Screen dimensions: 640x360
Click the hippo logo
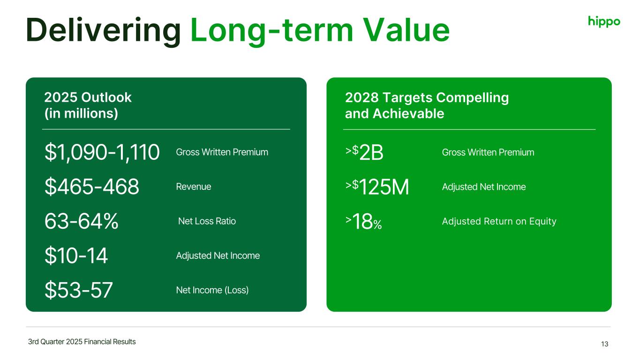pos(604,22)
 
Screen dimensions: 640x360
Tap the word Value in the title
pos(407,30)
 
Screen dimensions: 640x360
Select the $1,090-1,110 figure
pos(102,152)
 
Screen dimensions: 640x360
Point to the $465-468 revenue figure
pos(92,187)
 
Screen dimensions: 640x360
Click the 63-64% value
pos(82,221)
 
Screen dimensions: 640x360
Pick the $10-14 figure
pos(76,255)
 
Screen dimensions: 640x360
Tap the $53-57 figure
pos(79,290)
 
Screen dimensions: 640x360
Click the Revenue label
pos(194,187)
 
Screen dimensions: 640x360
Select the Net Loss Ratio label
pos(207,221)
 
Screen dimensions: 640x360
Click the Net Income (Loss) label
pos(212,290)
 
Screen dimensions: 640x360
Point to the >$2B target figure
pos(364,152)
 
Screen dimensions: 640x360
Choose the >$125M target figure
pos(377,187)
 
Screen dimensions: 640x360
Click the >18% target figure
pos(363,221)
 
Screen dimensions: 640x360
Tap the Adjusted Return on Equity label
pos(499,221)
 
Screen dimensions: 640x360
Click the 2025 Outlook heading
pos(88,97)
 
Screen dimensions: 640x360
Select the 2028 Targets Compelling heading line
pos(427,97)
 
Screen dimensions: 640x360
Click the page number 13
pos(604,344)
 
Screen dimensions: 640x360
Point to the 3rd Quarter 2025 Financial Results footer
pos(82,342)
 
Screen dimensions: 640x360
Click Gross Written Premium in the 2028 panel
pos(488,152)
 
